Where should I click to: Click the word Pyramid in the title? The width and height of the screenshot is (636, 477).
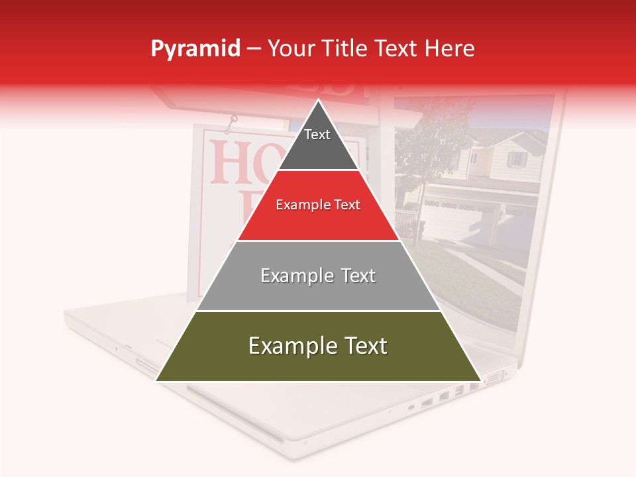(195, 49)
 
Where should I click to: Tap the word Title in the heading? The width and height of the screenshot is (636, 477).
(347, 48)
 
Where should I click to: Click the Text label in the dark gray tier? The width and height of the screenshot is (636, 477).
(317, 134)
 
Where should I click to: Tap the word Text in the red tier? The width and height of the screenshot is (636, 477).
(345, 205)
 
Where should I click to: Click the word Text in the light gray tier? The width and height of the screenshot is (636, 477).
(359, 276)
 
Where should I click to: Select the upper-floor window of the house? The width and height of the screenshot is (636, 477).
(516, 159)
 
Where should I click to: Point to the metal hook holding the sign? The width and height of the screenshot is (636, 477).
(231, 123)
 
